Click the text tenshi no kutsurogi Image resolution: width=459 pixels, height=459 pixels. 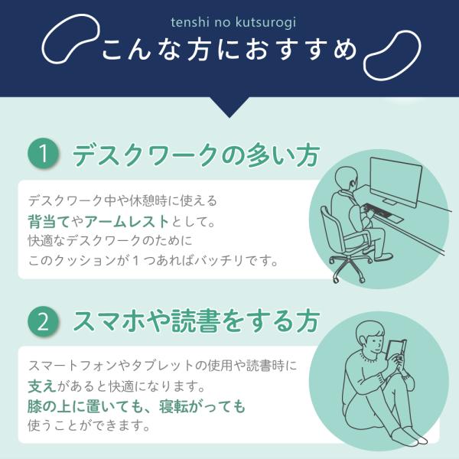(x=233, y=22)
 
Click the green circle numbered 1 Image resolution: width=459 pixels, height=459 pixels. (x=44, y=154)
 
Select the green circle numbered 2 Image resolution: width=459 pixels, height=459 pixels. (x=44, y=322)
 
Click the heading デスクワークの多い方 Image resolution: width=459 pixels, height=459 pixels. (x=196, y=155)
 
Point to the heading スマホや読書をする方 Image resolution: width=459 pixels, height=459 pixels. (x=196, y=321)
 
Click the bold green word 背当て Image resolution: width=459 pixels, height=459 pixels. (x=49, y=221)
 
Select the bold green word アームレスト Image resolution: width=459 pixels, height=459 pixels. (x=127, y=221)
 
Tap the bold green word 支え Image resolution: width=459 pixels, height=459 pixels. (x=42, y=386)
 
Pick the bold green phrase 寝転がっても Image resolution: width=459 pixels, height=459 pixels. (x=202, y=406)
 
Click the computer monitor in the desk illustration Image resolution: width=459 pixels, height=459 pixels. (x=396, y=181)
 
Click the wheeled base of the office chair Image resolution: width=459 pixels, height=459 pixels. (x=350, y=267)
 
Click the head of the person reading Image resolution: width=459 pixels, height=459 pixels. (x=370, y=337)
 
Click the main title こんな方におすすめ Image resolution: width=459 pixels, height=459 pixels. (x=229, y=50)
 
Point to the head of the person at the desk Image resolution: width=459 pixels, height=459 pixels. (x=347, y=179)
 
